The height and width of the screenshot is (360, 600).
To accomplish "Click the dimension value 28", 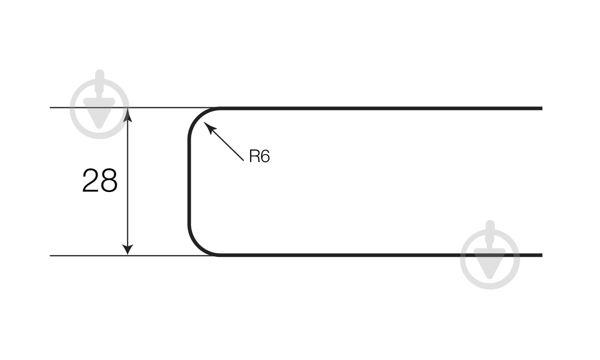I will coord(100,181).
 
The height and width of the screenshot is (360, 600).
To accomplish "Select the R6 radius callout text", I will coord(259,156).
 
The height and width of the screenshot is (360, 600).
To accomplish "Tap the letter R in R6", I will coord(254,156).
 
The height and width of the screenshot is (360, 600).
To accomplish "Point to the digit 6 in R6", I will coord(265,156).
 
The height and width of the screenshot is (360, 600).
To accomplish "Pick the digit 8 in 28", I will coord(109,181).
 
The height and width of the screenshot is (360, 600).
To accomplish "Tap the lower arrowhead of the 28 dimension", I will coord(128,249).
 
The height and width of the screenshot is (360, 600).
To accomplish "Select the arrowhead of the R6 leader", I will coord(209,127).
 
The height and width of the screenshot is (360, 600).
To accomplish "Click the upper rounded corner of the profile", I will coord(198,117).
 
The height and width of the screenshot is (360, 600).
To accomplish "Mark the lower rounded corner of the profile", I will coord(198,246).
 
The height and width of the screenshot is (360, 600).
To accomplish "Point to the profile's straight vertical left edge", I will coord(189,181).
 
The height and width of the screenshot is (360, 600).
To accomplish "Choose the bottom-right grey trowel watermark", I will coord(490,259).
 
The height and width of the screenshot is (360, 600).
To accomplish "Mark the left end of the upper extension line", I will coord(51,108).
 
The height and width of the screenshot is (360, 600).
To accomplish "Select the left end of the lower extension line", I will coord(51,255).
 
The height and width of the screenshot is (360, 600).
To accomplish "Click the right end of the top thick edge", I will coord(541,108).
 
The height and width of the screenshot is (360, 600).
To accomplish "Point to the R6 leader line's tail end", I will coord(243,160).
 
